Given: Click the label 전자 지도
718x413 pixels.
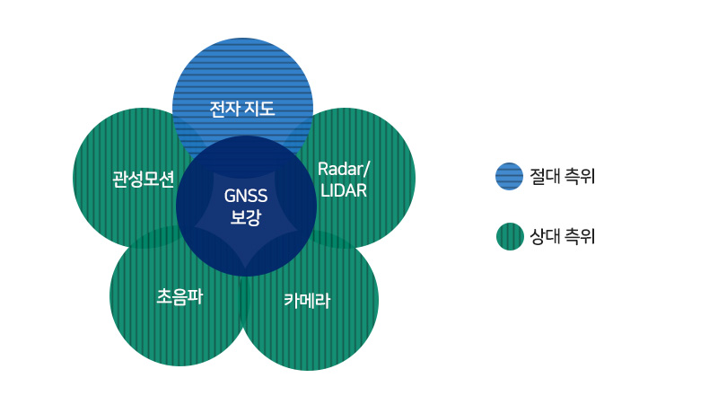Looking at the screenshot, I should (241, 110).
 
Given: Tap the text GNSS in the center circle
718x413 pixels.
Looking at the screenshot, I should (246, 197).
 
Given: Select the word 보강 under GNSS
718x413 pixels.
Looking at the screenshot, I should (246, 217).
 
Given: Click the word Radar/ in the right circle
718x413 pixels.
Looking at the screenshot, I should (344, 170).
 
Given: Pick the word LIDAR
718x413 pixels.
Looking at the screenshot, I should (344, 191).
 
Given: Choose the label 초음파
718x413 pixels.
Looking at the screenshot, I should (179, 295).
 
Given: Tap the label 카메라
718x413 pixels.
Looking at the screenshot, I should (307, 301).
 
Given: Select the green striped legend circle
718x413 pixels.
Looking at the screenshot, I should (509, 237).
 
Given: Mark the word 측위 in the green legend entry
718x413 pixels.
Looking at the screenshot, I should (580, 237).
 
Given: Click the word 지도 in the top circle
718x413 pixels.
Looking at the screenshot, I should (258, 110).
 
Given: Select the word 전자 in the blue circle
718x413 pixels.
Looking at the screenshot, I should (223, 110).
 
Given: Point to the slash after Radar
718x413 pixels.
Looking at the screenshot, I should (366, 170).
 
